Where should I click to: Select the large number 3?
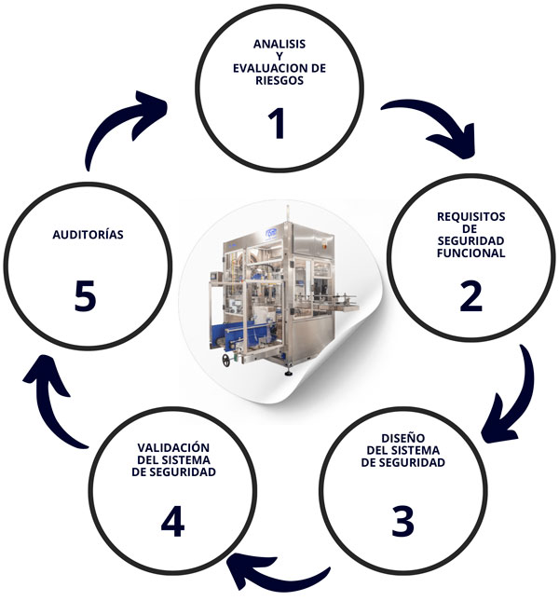402,520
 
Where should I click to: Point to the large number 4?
172,524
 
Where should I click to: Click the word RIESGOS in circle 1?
279,80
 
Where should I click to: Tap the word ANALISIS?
279,44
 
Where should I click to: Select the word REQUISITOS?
470,216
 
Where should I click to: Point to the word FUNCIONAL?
470,253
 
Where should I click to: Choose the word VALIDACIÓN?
174,447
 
